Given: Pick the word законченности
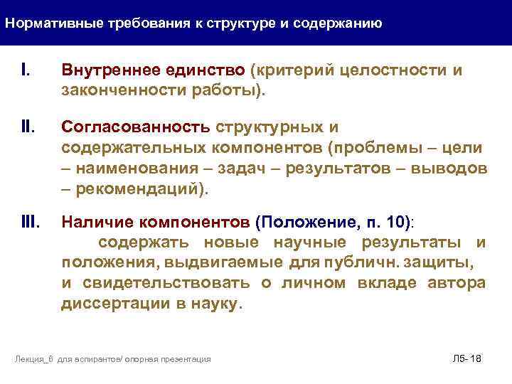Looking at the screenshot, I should (x=117, y=90).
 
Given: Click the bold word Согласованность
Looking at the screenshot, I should (x=136, y=126).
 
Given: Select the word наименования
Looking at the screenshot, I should (x=134, y=168).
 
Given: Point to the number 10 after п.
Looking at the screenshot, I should (x=398, y=222).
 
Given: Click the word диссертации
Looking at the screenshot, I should (x=110, y=304).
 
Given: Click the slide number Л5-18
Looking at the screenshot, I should (x=466, y=358).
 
